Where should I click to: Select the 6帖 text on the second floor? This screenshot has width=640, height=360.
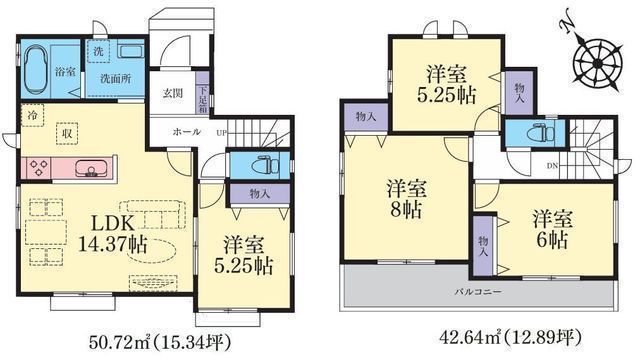[x=551, y=240]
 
